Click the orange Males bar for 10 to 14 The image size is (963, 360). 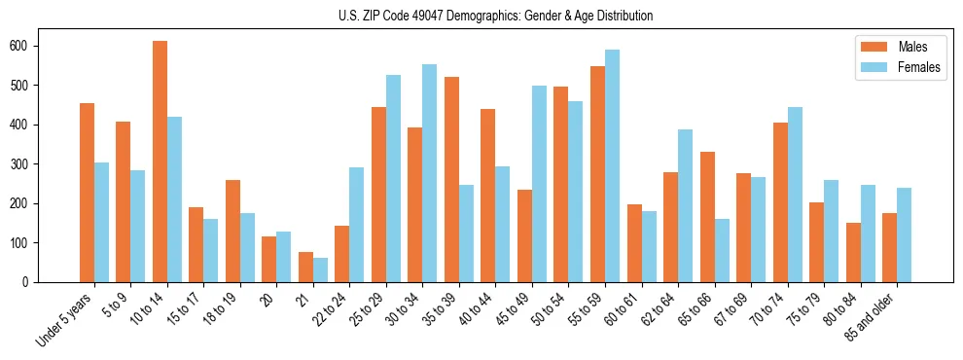[160, 162]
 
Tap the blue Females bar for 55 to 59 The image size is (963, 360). [612, 166]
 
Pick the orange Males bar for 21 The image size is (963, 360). [305, 268]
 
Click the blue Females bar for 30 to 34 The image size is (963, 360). [429, 173]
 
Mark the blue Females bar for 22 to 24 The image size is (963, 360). [357, 225]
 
